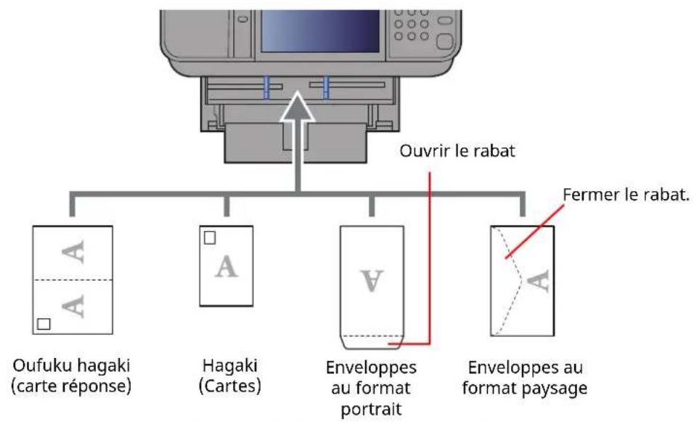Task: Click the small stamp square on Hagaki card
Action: (x=210, y=238)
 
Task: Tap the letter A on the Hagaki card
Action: (x=227, y=267)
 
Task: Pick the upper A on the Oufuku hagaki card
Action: (x=73, y=252)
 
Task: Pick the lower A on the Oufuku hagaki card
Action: (x=73, y=307)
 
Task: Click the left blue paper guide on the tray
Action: (x=267, y=85)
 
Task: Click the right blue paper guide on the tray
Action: (x=327, y=85)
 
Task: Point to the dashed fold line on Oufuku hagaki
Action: (x=73, y=280)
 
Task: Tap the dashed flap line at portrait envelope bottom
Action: (x=372, y=335)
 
